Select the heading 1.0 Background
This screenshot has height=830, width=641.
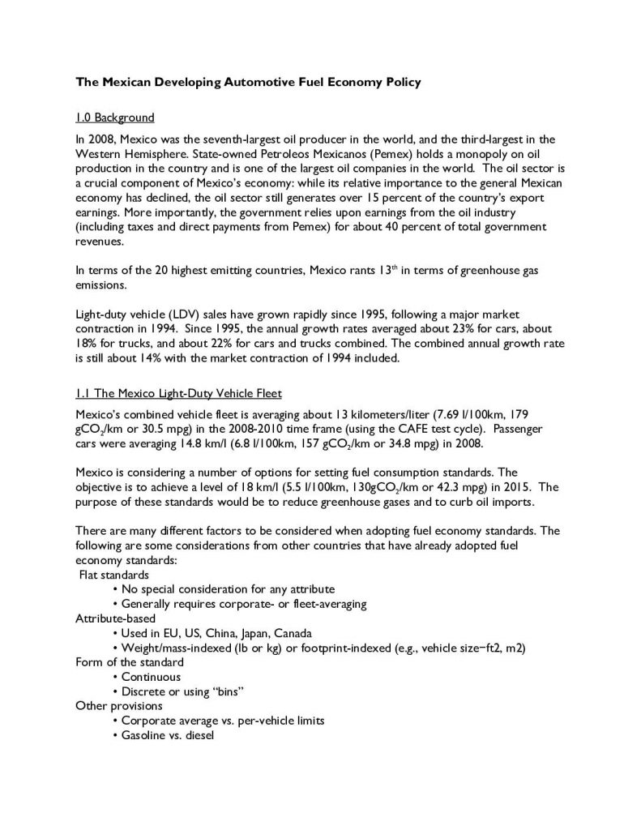click(x=114, y=118)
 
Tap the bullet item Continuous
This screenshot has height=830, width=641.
click(x=151, y=676)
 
